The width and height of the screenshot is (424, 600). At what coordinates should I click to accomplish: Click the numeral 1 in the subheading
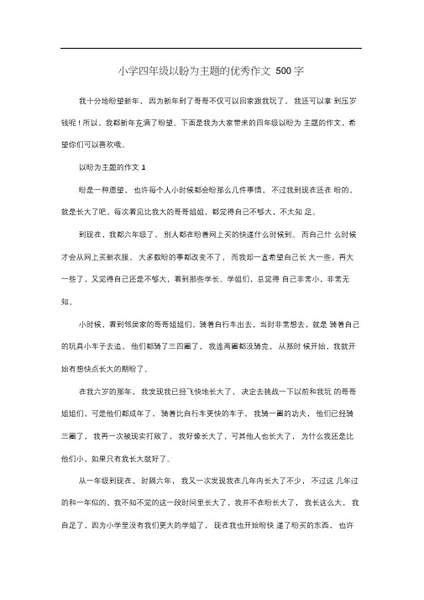tap(144, 167)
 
